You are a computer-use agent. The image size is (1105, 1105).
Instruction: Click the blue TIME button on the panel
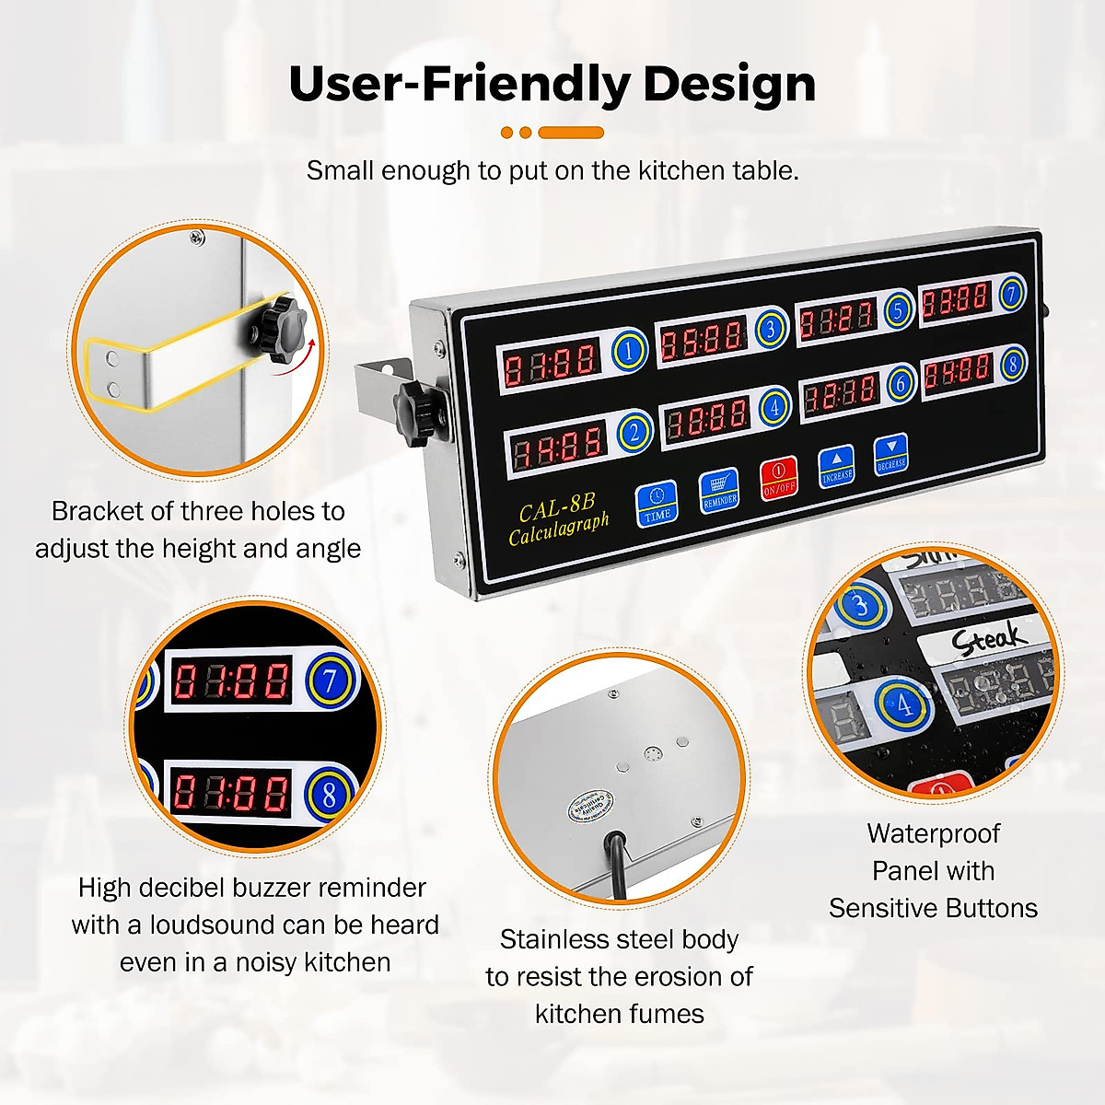[657, 503]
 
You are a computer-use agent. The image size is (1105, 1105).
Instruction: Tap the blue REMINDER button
[719, 491]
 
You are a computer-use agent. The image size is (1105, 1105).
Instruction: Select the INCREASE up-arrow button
[836, 466]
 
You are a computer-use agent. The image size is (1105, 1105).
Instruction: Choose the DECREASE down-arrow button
[890, 454]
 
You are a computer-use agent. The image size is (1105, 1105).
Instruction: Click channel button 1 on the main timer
[629, 350]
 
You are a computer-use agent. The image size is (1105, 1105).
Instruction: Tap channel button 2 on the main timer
[634, 432]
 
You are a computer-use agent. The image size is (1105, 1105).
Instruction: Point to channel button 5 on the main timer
[898, 309]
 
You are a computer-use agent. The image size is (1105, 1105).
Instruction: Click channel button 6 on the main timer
[901, 383]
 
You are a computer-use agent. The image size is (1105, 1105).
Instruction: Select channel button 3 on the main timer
[771, 328]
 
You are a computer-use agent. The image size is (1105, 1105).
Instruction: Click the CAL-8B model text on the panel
[556, 508]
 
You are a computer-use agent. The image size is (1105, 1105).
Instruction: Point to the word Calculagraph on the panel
[559, 529]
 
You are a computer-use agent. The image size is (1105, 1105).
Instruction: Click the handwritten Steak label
[988, 638]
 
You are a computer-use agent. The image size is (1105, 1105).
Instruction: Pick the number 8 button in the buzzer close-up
[329, 793]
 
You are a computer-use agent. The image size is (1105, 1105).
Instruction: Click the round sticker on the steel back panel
[583, 808]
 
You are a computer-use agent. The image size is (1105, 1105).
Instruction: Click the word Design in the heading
[729, 84]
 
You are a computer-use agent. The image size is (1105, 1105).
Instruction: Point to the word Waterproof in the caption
[933, 833]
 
